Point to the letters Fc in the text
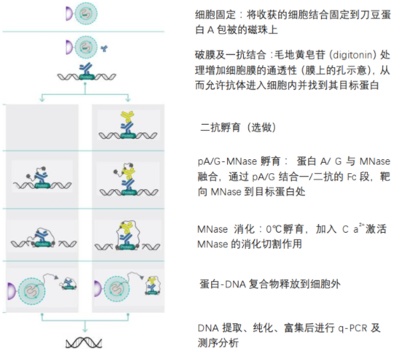(350, 175)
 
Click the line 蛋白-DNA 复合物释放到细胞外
(273, 283)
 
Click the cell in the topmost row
(85, 13)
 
